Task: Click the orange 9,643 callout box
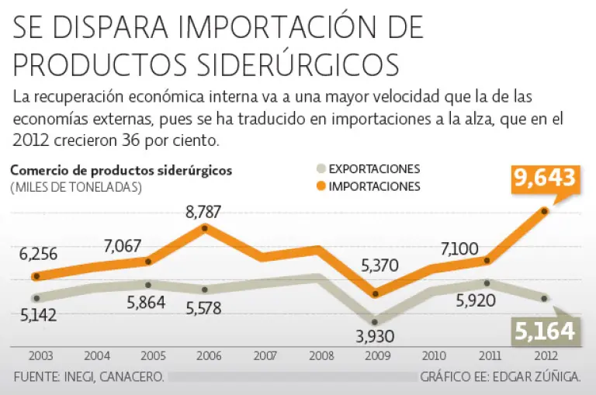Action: click(x=545, y=178)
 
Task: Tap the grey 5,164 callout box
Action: click(x=545, y=332)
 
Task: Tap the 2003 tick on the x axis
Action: click(x=40, y=357)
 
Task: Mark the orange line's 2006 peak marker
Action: click(x=204, y=227)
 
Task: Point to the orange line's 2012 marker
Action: click(x=545, y=211)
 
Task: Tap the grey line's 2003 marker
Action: click(x=36, y=298)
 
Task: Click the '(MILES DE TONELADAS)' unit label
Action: click(x=76, y=187)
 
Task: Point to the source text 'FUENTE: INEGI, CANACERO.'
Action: click(x=88, y=378)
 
